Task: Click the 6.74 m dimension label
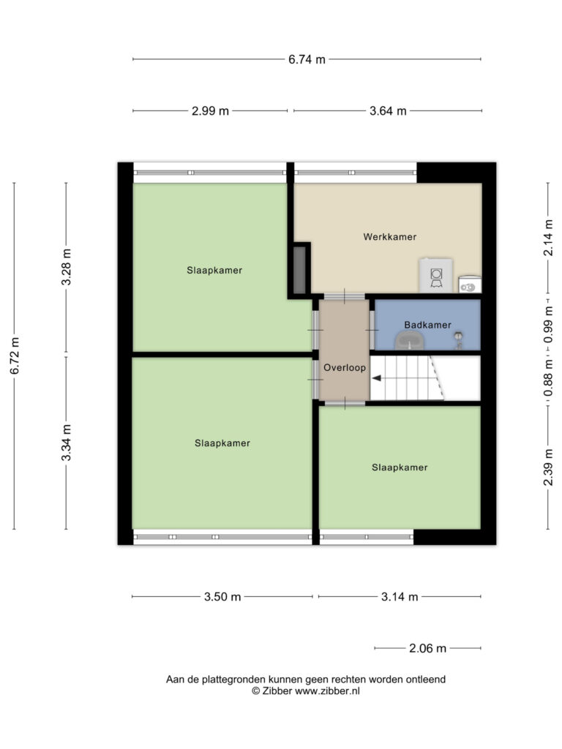[307, 59]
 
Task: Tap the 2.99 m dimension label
[210, 111]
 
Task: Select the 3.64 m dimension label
[388, 111]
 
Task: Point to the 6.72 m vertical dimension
[15, 356]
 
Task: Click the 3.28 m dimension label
[66, 267]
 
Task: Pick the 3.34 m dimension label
[66, 443]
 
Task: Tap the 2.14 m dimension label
[548, 238]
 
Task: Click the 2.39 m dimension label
[548, 467]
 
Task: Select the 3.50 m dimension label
[222, 597]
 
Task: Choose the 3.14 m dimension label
[400, 597]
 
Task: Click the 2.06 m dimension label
[427, 648]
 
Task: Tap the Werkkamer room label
[390, 237]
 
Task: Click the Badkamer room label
[427, 325]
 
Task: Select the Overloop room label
[345, 368]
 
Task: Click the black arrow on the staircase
[377, 378]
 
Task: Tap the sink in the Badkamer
[410, 341]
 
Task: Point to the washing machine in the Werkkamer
[436, 276]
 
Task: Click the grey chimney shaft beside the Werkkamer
[299, 270]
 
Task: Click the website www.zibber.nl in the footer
[327, 691]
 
